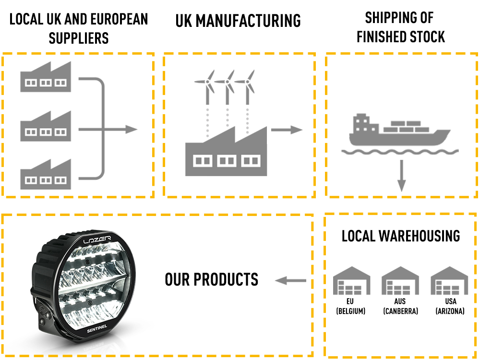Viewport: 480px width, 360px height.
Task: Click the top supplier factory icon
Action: [45, 78]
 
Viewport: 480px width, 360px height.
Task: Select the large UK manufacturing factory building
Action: [226, 154]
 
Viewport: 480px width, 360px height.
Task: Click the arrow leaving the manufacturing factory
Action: [287, 130]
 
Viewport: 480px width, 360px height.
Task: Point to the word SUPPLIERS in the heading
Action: [79, 38]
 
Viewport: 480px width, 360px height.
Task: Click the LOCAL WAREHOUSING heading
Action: [401, 236]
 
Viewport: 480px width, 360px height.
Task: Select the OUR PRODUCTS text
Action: [211, 279]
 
